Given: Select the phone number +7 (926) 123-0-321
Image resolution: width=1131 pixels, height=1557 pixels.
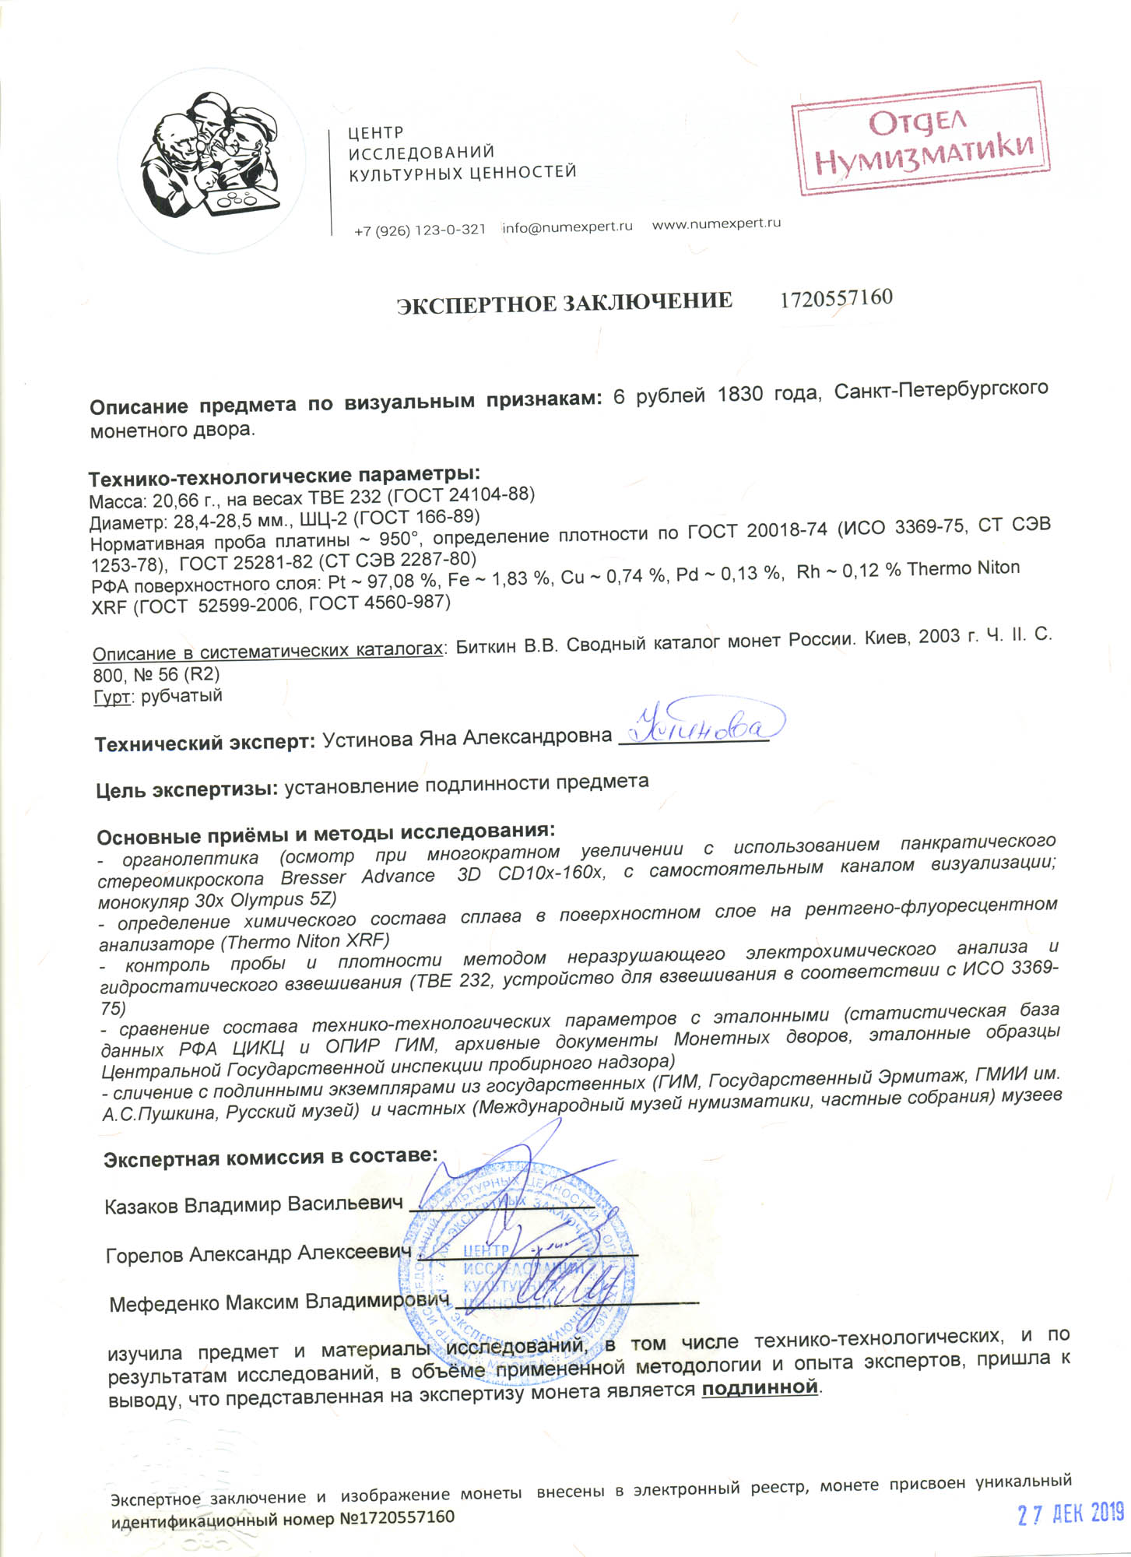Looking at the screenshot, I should (x=420, y=230).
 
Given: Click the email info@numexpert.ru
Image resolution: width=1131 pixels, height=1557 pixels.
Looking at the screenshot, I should (x=567, y=227).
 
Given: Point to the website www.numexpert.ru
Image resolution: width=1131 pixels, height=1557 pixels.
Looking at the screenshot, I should (x=715, y=223).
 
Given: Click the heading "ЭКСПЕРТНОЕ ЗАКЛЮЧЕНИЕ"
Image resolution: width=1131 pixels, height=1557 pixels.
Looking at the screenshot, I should (x=564, y=302).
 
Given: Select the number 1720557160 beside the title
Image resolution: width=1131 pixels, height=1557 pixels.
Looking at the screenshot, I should (x=836, y=297).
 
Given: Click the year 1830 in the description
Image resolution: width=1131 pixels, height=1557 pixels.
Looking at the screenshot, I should (x=739, y=395).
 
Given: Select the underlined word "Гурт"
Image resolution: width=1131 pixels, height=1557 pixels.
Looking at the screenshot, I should (x=111, y=697).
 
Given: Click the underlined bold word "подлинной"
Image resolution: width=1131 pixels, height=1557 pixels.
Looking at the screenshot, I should (x=760, y=1387).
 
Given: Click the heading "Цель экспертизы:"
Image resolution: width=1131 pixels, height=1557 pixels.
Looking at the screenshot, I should (x=187, y=790).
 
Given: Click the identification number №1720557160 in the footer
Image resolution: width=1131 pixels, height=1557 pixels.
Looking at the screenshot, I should (x=396, y=1517).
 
